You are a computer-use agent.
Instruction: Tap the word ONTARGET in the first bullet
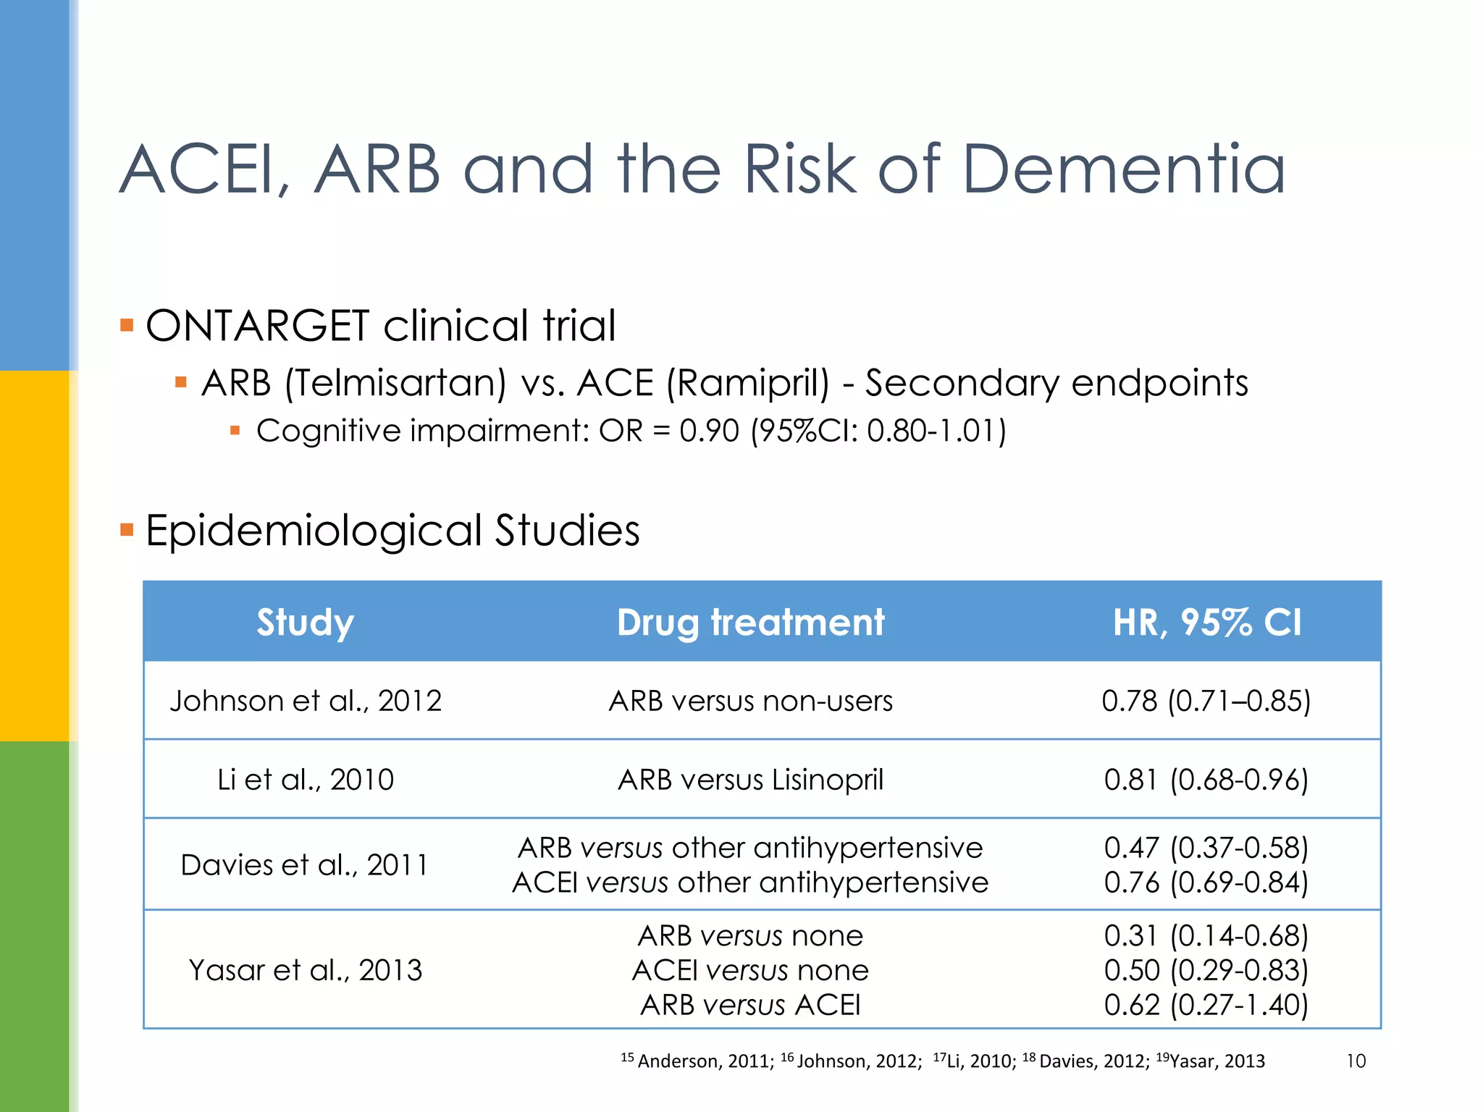click(x=257, y=326)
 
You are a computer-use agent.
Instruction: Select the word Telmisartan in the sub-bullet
click(x=395, y=383)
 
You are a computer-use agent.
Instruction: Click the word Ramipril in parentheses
click(x=748, y=383)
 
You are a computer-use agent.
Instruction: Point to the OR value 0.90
click(x=709, y=431)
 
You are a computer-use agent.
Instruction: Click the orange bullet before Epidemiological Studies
click(x=127, y=530)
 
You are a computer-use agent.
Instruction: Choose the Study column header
click(x=305, y=623)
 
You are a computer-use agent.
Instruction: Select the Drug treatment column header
click(x=750, y=623)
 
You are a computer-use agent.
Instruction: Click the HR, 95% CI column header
click(x=1206, y=623)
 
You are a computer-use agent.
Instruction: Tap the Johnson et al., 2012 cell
click(x=305, y=701)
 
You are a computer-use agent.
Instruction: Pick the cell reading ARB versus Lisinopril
click(x=750, y=780)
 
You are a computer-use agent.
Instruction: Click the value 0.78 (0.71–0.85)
click(x=1206, y=701)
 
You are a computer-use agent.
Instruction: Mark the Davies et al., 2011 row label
click(x=305, y=865)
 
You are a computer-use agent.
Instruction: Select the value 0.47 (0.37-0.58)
click(x=1206, y=848)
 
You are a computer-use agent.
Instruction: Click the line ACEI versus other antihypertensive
click(x=750, y=883)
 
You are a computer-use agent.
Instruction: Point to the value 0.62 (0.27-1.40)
click(x=1206, y=1005)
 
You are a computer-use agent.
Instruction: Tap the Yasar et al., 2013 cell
click(x=305, y=970)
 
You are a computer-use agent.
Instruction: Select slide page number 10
click(x=1356, y=1061)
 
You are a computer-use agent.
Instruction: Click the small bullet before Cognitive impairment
click(x=235, y=431)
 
